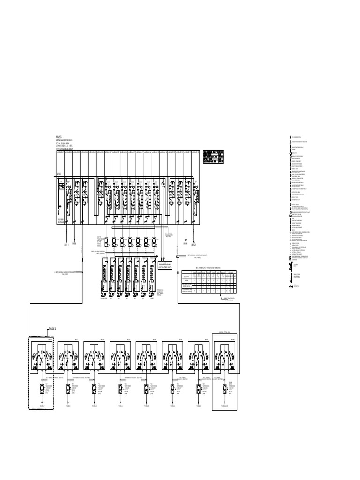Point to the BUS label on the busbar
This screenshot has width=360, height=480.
[60, 174]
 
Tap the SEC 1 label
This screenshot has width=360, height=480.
[66, 244]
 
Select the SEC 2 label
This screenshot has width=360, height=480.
[193, 244]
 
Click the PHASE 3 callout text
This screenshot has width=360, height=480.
[52, 329]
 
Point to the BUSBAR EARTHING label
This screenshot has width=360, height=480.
[61, 222]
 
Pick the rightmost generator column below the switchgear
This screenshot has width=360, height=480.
[152, 277]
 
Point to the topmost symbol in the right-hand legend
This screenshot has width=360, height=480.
[287, 136]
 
